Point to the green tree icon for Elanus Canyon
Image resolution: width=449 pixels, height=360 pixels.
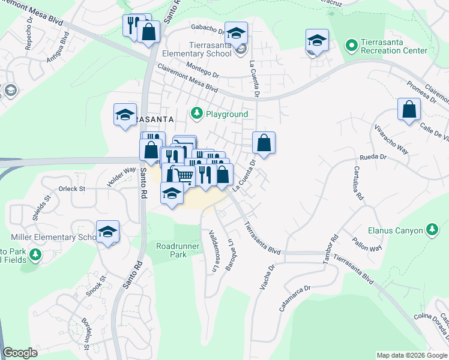coord(432,229)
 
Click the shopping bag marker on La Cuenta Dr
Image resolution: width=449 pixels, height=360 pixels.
coord(264,143)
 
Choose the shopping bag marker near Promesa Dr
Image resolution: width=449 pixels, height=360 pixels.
coord(409,110)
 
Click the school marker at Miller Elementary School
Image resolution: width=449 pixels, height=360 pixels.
coord(108,232)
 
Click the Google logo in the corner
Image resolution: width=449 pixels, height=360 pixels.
coord(20,353)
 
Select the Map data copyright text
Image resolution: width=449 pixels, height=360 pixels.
coord(412,355)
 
